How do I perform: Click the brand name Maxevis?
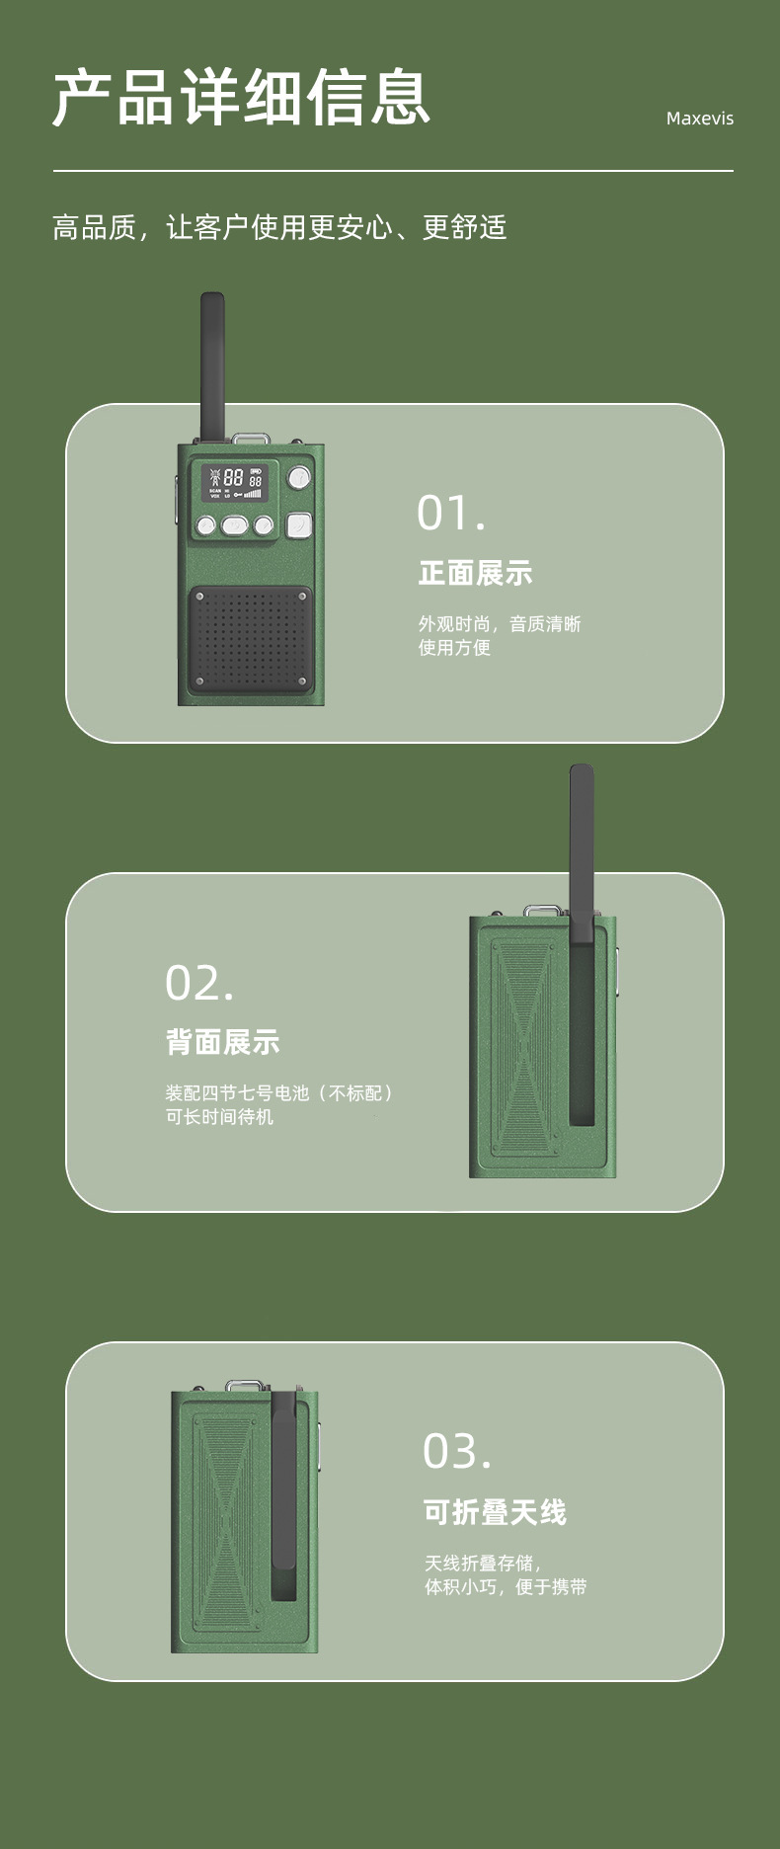pos(699,119)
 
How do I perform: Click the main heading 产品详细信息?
pos(241,98)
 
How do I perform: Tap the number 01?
pos(450,513)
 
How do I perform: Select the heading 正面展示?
pos(475,573)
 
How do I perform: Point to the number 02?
pos(199,983)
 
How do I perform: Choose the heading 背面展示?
pos(222,1042)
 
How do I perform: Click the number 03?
pos(456,1451)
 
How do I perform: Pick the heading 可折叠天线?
pos(495,1512)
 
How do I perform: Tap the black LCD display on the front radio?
pos(235,483)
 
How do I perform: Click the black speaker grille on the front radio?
pos(251,640)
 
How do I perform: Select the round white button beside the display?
pos(299,479)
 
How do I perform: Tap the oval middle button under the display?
pos(235,525)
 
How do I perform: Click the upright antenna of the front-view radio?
pos(212,365)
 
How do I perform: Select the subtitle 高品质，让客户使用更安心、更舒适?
pos(279,228)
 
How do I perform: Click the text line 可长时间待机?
pos(219,1117)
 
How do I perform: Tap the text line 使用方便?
pos(454,648)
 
